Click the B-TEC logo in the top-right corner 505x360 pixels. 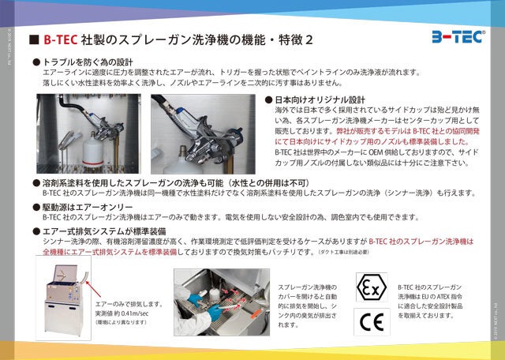click(x=458, y=37)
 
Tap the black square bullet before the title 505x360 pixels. click(x=34, y=39)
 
